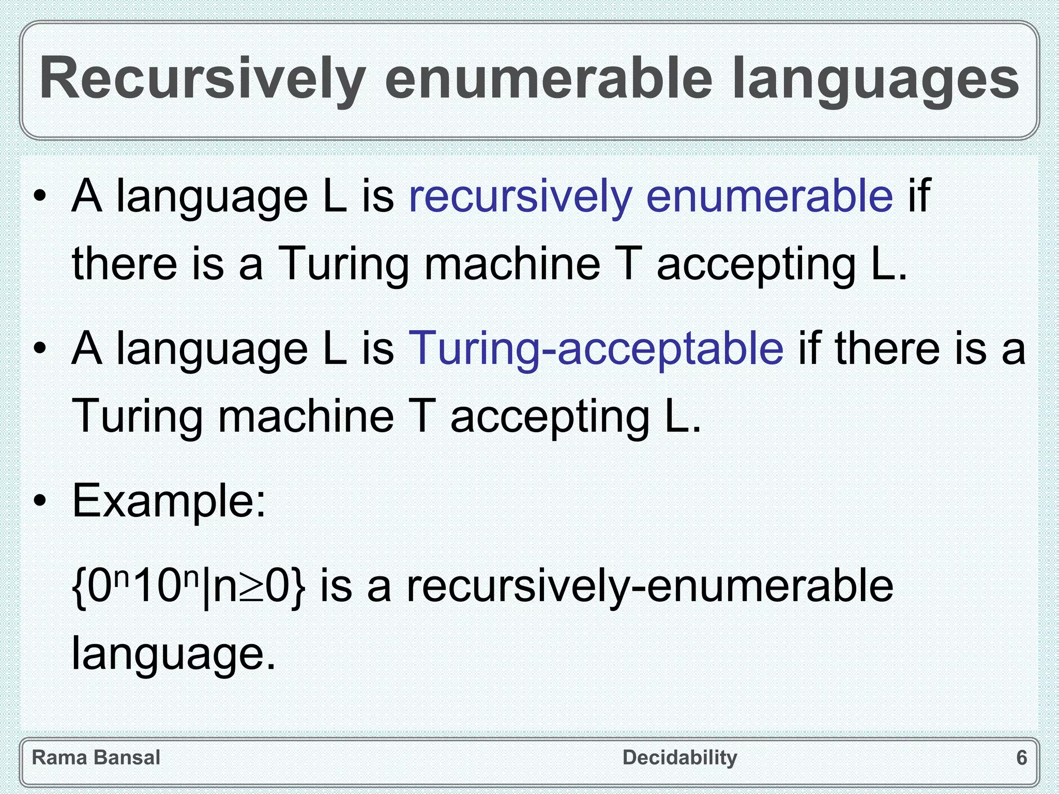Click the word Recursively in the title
click(x=202, y=79)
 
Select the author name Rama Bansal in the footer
click(x=96, y=758)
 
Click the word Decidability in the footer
click(x=680, y=758)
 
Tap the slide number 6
click(x=1022, y=758)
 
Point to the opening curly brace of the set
click(x=79, y=588)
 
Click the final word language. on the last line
click(x=174, y=653)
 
